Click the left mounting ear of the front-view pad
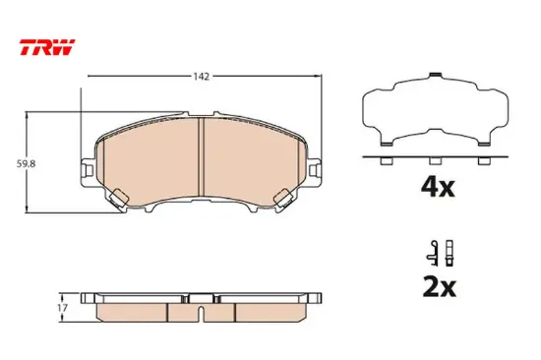point(91,169)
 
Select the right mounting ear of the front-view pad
point(312,169)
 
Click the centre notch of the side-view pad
point(201,313)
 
